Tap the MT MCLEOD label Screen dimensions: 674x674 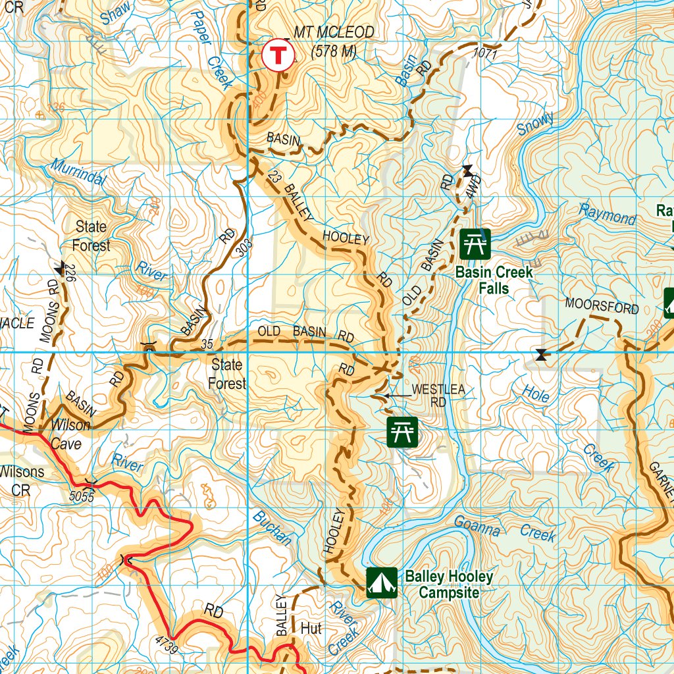pos(334,32)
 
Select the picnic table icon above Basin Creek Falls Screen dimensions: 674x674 pos(475,244)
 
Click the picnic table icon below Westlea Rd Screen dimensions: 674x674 pos(402,432)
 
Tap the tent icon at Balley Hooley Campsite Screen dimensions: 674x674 pos(382,582)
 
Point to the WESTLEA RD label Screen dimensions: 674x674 pos(438,395)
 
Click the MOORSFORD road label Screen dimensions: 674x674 pos(602,307)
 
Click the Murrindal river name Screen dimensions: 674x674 pos(76,173)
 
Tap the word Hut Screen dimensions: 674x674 pos(311,628)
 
